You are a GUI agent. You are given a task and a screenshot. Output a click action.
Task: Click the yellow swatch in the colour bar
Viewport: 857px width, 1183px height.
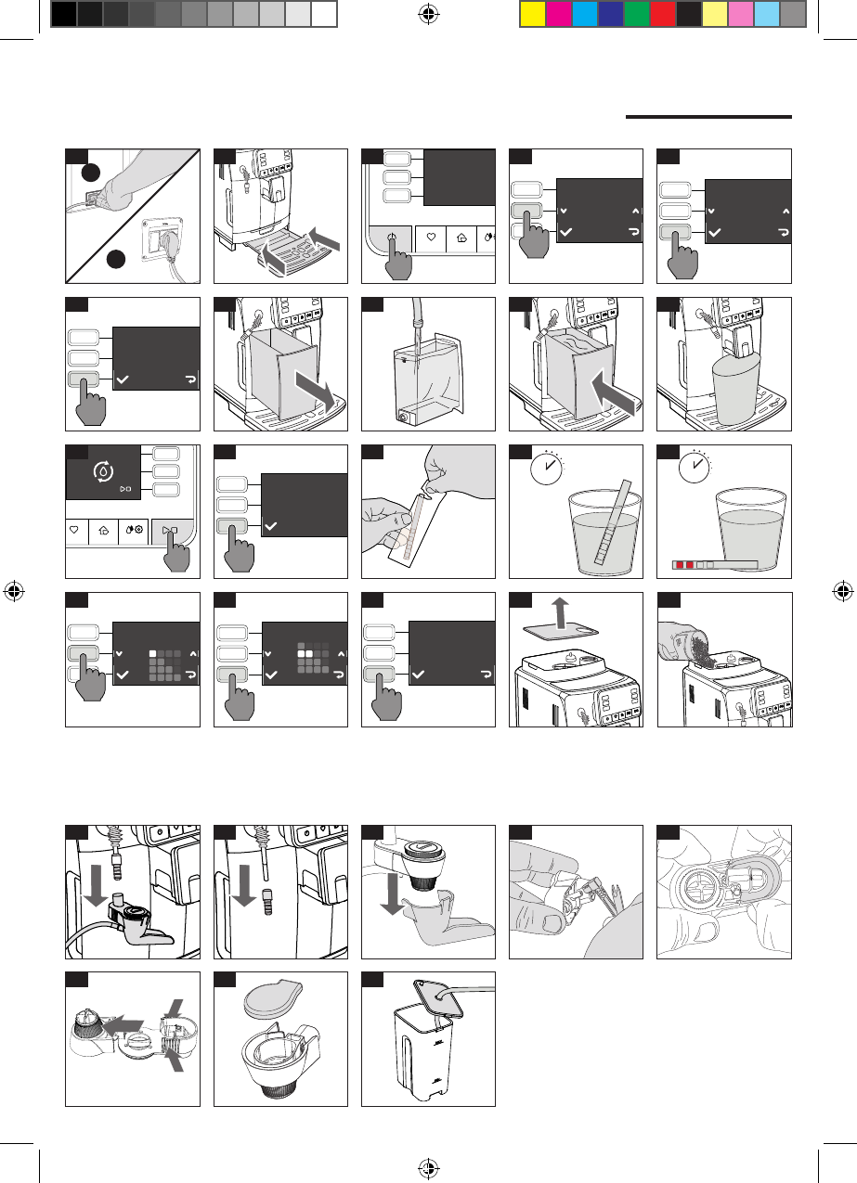tap(532, 14)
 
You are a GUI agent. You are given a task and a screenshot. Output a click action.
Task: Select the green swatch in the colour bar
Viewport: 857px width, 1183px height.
tap(636, 14)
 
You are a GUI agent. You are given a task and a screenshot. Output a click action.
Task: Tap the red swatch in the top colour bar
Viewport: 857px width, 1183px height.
tap(662, 14)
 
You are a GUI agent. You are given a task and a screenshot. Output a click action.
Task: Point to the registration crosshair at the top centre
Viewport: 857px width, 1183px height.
tap(428, 13)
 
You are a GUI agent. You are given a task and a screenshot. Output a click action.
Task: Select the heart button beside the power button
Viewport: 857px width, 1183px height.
tap(431, 238)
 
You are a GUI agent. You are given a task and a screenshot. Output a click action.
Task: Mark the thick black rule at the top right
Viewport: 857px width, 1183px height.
tap(708, 117)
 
